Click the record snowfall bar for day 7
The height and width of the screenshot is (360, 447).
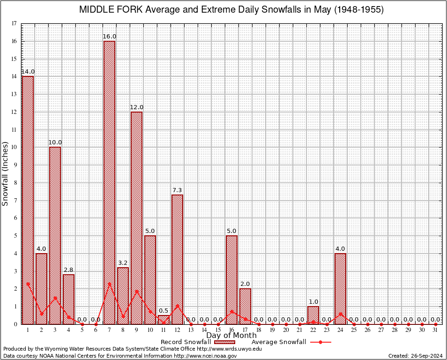pyautogui.click(x=109, y=183)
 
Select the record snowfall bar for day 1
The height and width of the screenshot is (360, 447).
pyautogui.click(x=28, y=200)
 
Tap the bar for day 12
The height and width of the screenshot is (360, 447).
pyautogui.click(x=177, y=259)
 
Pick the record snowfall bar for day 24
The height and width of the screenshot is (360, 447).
pyautogui.click(x=340, y=289)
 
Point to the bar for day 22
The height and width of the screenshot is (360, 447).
pyautogui.click(x=313, y=315)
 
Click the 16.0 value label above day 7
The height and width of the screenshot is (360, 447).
pyautogui.click(x=110, y=37)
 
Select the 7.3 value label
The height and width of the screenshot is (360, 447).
pyautogui.click(x=177, y=190)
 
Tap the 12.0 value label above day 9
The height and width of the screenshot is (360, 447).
pyautogui.click(x=136, y=107)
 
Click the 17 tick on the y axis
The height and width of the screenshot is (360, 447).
pyautogui.click(x=15, y=23)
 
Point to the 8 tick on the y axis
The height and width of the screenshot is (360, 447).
pyautogui.click(x=15, y=182)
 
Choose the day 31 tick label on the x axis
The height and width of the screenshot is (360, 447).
pyautogui.click(x=435, y=330)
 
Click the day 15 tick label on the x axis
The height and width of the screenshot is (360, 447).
pyautogui.click(x=218, y=330)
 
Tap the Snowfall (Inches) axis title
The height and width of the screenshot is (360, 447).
pyautogui.click(x=6, y=173)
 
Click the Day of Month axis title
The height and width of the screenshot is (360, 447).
pyautogui.click(x=231, y=335)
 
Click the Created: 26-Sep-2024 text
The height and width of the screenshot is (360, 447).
pyautogui.click(x=416, y=356)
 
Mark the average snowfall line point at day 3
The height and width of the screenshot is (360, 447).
pyautogui.click(x=55, y=297)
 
